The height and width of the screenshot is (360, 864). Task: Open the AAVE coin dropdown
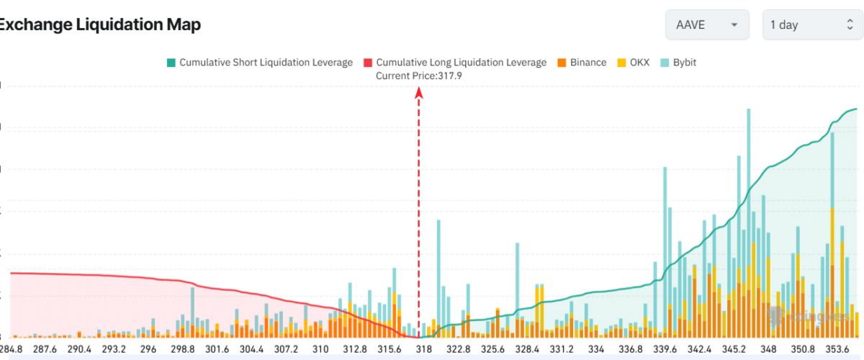pyautogui.click(x=707, y=24)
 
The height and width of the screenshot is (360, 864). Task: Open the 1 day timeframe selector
pyautogui.click(x=809, y=24)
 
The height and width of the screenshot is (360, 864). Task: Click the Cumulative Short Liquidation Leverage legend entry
pyautogui.click(x=266, y=63)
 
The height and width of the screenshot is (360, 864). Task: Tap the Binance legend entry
pyautogui.click(x=588, y=63)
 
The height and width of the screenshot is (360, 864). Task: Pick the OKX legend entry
pyautogui.click(x=639, y=63)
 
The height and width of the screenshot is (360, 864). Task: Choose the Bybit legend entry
pyautogui.click(x=684, y=63)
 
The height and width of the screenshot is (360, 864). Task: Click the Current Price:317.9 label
pyautogui.click(x=418, y=76)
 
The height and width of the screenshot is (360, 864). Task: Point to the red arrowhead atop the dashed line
pyautogui.click(x=418, y=91)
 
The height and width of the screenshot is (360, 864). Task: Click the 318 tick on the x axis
pyautogui.click(x=423, y=349)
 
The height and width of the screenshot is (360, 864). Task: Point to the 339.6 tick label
pyautogui.click(x=665, y=349)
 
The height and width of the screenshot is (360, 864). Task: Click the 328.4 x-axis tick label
pyautogui.click(x=527, y=349)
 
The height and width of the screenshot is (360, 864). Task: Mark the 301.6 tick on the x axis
pyautogui.click(x=217, y=349)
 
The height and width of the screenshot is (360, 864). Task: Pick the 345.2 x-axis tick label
pyautogui.click(x=734, y=349)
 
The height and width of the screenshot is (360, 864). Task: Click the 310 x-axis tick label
pyautogui.click(x=320, y=349)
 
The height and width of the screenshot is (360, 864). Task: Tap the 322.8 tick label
pyautogui.click(x=458, y=349)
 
